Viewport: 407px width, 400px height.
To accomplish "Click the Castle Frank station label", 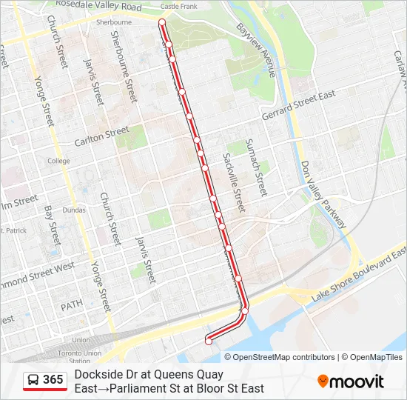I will [179, 7].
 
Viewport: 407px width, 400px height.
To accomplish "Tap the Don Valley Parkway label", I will [323, 194].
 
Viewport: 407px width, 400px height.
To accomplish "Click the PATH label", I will [71, 305].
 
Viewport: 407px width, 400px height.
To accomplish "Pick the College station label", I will [58, 161].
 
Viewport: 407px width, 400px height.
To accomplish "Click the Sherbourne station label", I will [113, 22].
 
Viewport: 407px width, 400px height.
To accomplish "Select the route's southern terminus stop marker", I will [209, 341].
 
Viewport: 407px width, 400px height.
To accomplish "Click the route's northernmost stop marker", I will [161, 23].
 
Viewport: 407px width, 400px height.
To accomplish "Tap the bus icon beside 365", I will [33, 381].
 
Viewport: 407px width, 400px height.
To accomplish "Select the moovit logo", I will [351, 381].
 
